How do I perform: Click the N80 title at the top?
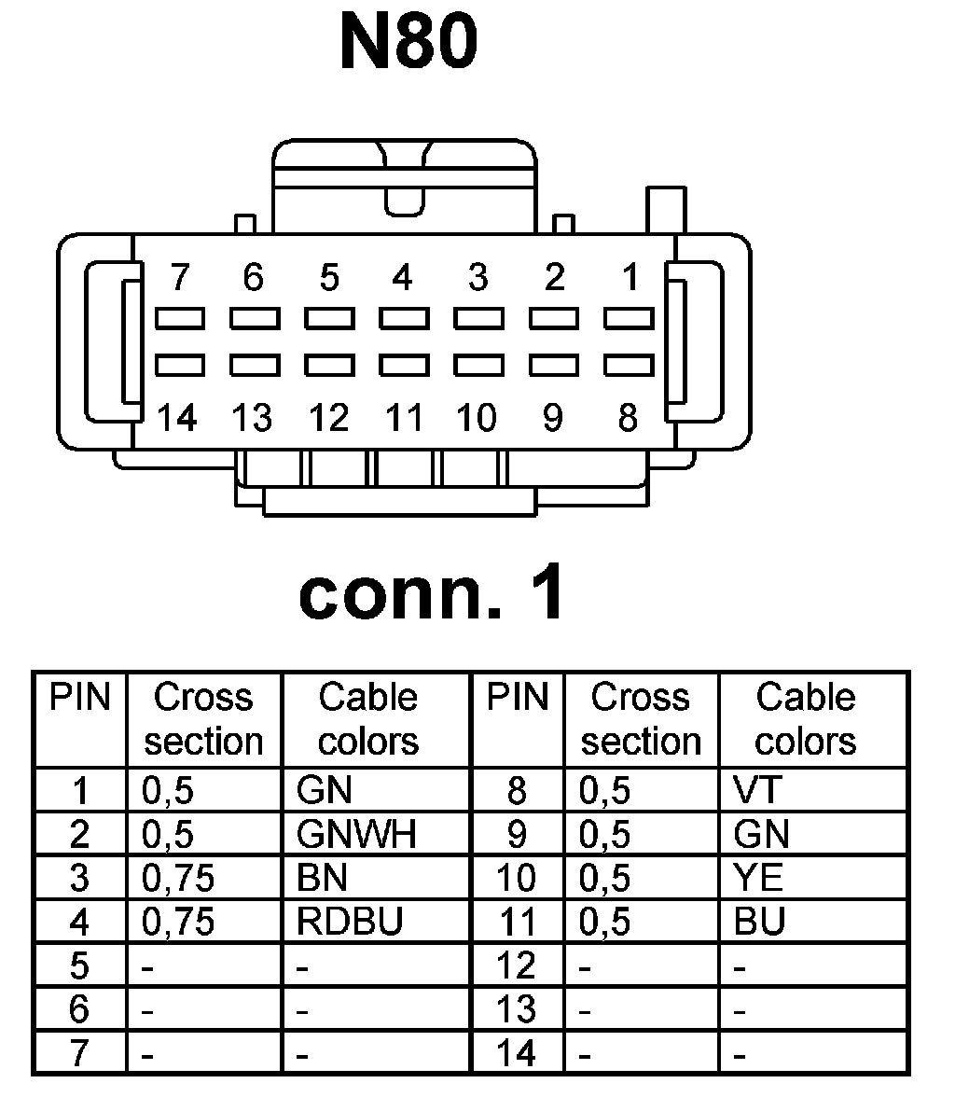point(409,43)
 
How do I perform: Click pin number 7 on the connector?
point(179,278)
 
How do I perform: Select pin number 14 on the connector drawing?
point(177,417)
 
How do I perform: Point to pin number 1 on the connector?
point(630,278)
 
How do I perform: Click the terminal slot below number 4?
point(403,320)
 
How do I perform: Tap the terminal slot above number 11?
point(403,364)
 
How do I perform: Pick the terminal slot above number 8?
point(629,364)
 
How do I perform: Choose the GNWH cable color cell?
point(355,834)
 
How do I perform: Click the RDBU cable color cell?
point(349,922)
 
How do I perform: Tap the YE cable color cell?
point(758,878)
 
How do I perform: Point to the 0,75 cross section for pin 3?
point(178,878)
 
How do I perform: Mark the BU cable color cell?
point(759,922)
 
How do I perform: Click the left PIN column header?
point(79,698)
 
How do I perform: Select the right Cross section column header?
point(641,719)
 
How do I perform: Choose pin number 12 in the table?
point(516,965)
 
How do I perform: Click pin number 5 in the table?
point(79,965)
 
